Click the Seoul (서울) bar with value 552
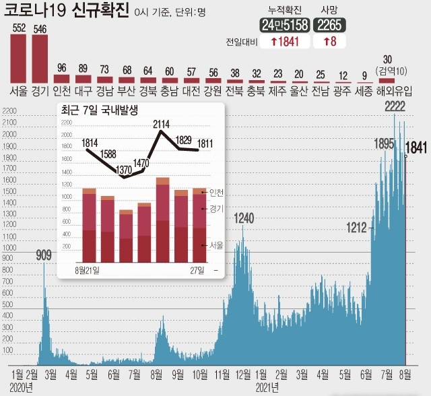pyautogui.click(x=19, y=59)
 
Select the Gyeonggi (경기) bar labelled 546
pyautogui.click(x=40, y=59)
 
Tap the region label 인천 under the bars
pyautogui.click(x=62, y=90)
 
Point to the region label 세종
pyautogui.click(x=364, y=90)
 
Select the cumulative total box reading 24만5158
pyautogui.click(x=284, y=26)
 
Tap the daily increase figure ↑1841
pyautogui.click(x=284, y=42)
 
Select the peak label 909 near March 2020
pyautogui.click(x=44, y=255)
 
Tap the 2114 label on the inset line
pyautogui.click(x=161, y=124)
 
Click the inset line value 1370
pyautogui.click(x=125, y=170)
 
